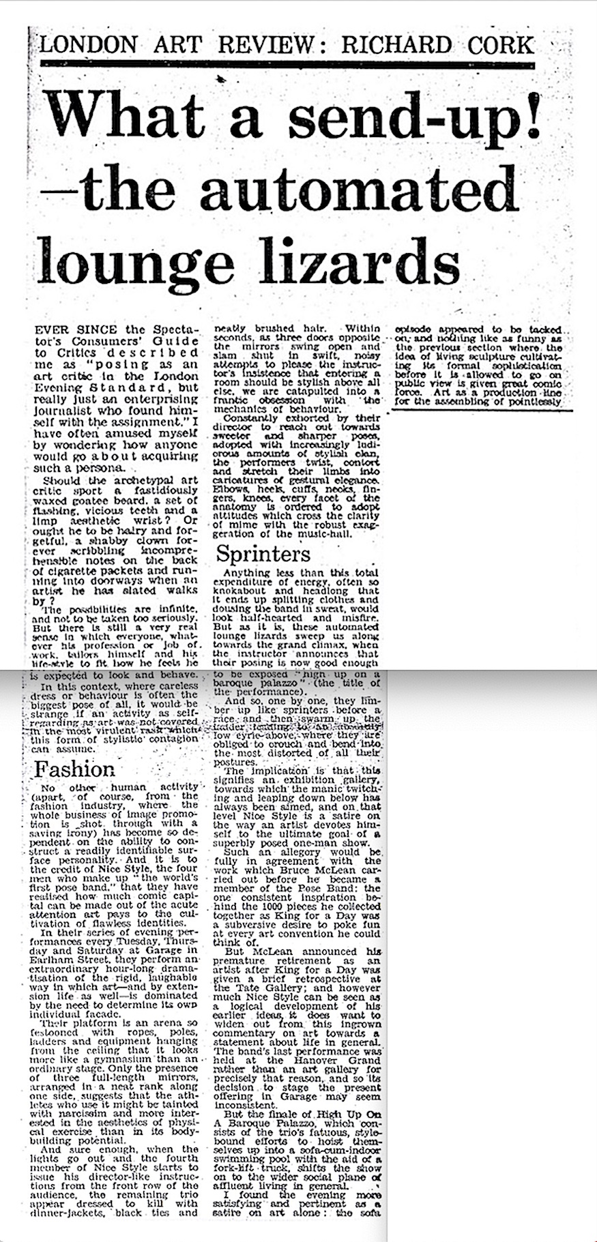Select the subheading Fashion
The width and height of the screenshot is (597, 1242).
(x=75, y=770)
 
